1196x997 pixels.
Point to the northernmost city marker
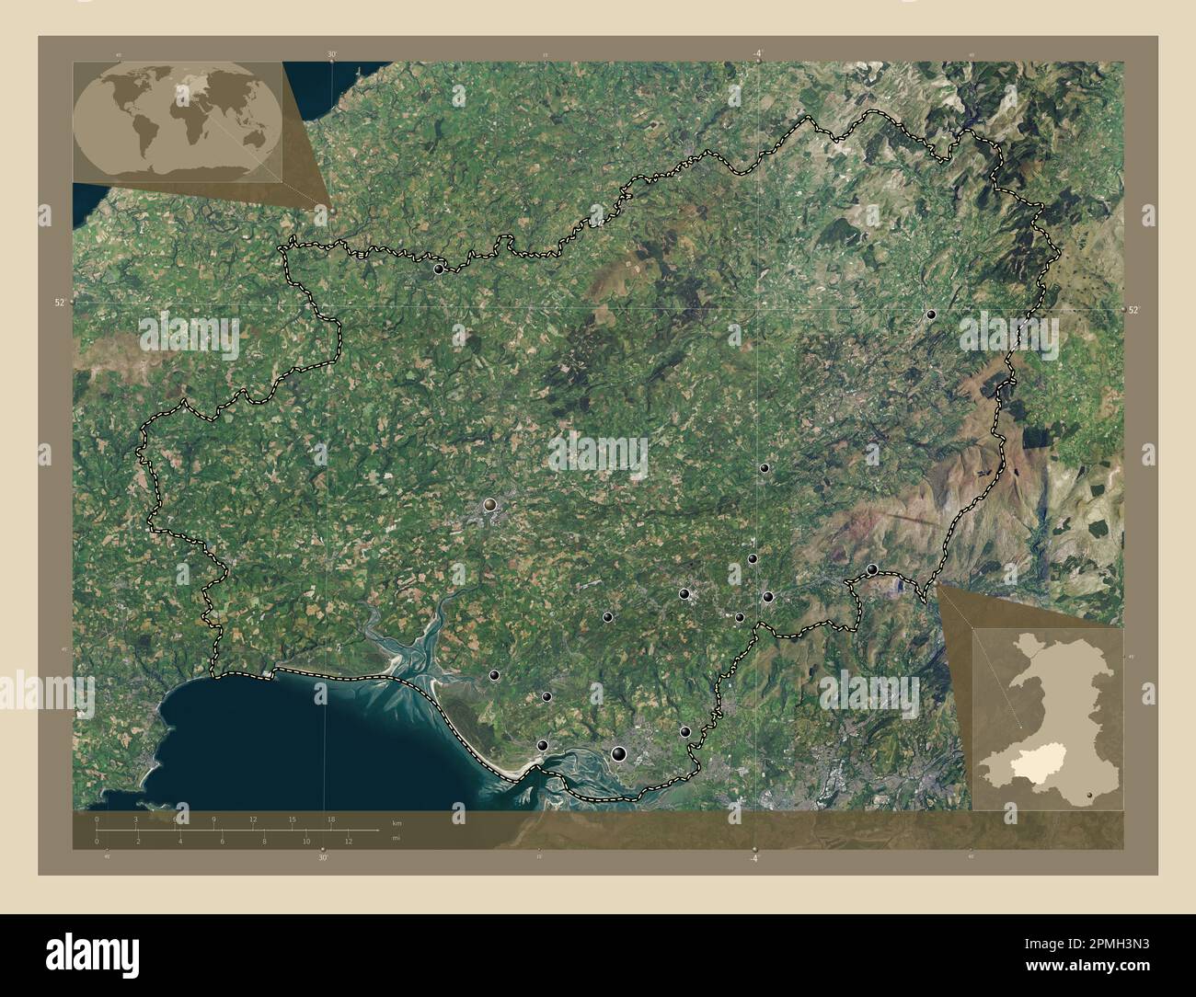pos(439,269)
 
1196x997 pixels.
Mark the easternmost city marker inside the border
pos(931,315)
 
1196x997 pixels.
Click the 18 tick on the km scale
pos(331,819)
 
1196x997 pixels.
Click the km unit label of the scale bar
pos(397,822)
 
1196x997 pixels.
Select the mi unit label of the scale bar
pos(397,838)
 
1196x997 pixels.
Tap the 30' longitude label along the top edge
pos(332,55)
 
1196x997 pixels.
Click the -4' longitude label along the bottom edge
pos(754,858)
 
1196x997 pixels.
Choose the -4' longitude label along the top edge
pos(756,53)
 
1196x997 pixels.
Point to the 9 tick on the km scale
pos(214,819)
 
